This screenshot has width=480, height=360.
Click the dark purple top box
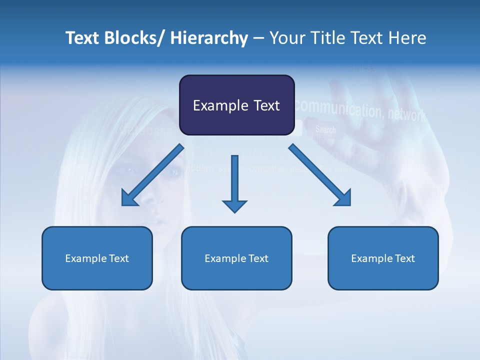pyautogui.click(x=236, y=105)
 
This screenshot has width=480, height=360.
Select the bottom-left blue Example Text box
pyautogui.click(x=97, y=258)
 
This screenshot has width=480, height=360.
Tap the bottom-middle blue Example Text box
pyautogui.click(x=236, y=258)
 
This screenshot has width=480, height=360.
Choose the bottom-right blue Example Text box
pyautogui.click(x=383, y=258)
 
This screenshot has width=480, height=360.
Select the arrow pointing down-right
pyautogui.click(x=320, y=175)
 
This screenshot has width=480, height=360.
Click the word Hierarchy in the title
pyautogui.click(x=209, y=38)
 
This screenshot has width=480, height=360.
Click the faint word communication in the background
pyautogui.click(x=338, y=108)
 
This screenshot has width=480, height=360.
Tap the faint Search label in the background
pyautogui.click(x=325, y=129)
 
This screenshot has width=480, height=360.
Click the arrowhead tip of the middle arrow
pyautogui.click(x=234, y=211)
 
